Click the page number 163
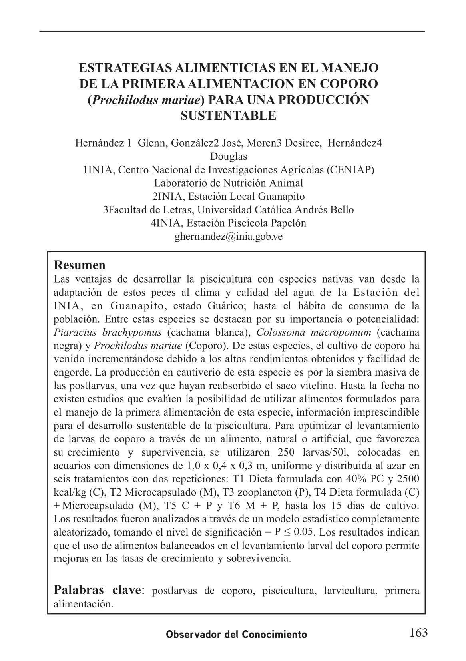[x=418, y=633]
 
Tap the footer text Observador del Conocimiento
[x=237, y=635]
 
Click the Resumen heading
[x=80, y=265]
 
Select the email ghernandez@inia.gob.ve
[x=229, y=237]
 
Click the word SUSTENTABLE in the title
[x=229, y=116]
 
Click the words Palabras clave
[x=98, y=590]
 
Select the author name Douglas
[x=229, y=157]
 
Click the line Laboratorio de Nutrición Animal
[x=229, y=183]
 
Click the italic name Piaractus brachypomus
[x=108, y=332]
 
